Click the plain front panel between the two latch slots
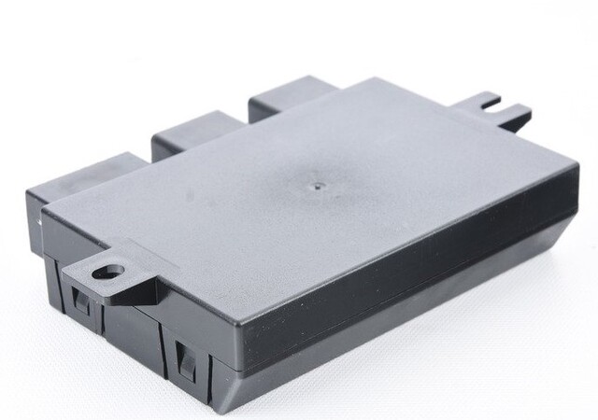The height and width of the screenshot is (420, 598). [131, 327]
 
